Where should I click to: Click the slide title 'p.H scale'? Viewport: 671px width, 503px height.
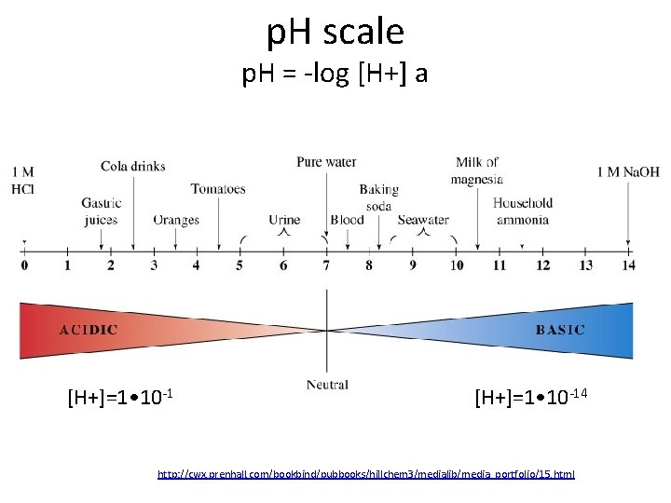pyautogui.click(x=335, y=33)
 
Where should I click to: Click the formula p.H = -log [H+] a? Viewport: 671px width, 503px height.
pyautogui.click(x=335, y=74)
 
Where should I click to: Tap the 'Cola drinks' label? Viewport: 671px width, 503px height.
pyautogui.click(x=133, y=167)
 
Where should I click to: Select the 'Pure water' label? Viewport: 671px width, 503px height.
pyautogui.click(x=326, y=162)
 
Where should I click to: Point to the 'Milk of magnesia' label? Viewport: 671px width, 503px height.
pyautogui.click(x=476, y=170)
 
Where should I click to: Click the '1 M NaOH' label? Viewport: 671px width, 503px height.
pyautogui.click(x=628, y=171)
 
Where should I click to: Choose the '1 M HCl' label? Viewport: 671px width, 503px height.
pyautogui.click(x=23, y=180)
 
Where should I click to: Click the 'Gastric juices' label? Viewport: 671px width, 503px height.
pyautogui.click(x=100, y=211)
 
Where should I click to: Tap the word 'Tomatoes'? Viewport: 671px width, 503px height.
pyautogui.click(x=218, y=189)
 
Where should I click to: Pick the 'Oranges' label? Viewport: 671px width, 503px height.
pyautogui.click(x=176, y=221)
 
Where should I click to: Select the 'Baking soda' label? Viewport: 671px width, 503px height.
pyautogui.click(x=378, y=197)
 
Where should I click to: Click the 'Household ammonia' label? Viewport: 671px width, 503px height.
pyautogui.click(x=522, y=211)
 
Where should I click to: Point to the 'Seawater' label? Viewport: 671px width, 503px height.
pyautogui.click(x=423, y=221)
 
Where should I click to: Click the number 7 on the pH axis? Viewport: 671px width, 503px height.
pyautogui.click(x=326, y=265)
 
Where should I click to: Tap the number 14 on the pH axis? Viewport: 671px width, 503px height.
pyautogui.click(x=628, y=265)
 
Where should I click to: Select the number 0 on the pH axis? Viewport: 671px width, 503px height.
pyautogui.click(x=24, y=265)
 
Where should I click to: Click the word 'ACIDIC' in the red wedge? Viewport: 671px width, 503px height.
pyautogui.click(x=89, y=330)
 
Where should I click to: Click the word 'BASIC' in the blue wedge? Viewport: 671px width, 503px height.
pyautogui.click(x=560, y=330)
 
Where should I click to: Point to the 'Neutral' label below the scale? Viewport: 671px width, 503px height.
pyautogui.click(x=327, y=385)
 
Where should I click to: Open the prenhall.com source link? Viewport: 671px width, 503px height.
pyautogui.click(x=366, y=474)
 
